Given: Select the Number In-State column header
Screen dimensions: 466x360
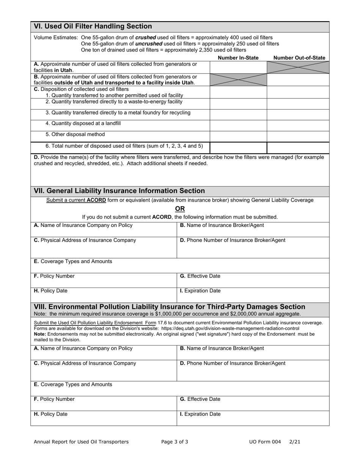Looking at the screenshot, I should tap(238, 58).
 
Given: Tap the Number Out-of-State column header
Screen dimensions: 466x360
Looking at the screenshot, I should tap(299, 58).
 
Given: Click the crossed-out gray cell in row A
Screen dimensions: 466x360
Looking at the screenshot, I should tap(298, 67).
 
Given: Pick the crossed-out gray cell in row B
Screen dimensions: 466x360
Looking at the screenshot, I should tap(238, 80).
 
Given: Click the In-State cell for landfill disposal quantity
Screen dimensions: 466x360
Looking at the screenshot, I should tap(238, 125).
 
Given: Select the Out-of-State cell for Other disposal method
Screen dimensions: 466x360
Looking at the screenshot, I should tap(298, 136).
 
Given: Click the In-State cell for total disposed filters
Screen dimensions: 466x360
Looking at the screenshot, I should tap(238, 147).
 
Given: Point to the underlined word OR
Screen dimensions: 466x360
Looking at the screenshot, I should tap(180, 209).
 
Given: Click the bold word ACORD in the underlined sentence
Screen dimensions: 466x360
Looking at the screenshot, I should tap(96, 200).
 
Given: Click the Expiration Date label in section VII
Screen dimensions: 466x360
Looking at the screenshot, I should tap(200, 291).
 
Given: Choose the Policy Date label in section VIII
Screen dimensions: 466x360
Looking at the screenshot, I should tap(51, 414).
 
